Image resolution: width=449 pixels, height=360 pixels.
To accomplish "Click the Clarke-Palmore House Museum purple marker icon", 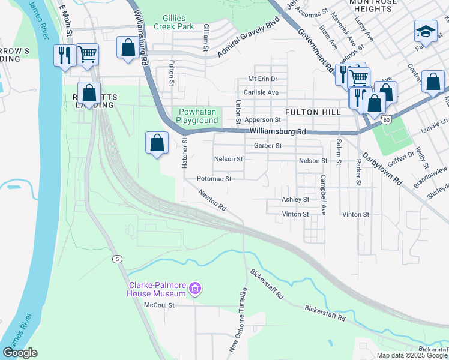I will (194, 289).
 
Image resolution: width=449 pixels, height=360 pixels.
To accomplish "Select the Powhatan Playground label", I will (197, 116).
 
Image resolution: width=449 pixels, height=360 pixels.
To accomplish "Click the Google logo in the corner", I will (20, 353).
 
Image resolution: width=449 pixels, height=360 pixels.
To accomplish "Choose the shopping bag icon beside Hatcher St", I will (157, 143).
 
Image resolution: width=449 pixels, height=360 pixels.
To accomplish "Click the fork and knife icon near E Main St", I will (64, 55).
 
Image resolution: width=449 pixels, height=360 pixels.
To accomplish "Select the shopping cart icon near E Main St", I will (87, 54).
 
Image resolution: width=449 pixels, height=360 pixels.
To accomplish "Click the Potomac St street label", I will (214, 179).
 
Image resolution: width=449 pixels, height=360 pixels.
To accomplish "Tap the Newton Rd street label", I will (212, 200).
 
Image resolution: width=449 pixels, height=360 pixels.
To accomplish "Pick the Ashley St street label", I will (295, 199).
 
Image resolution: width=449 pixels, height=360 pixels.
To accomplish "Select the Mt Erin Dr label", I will (264, 79).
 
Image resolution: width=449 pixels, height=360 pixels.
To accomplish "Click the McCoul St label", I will (158, 305).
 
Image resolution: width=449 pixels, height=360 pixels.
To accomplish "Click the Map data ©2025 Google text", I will (412, 355).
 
